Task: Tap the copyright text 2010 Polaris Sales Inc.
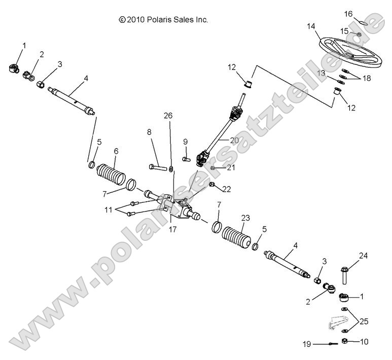pyautogui.click(x=163, y=20)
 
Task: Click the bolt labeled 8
pyautogui.click(x=157, y=166)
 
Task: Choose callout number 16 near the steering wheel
pyautogui.click(x=348, y=13)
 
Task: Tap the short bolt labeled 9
pyautogui.click(x=185, y=158)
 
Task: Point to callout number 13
pyautogui.click(x=321, y=73)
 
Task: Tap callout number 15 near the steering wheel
pyautogui.click(x=344, y=31)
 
